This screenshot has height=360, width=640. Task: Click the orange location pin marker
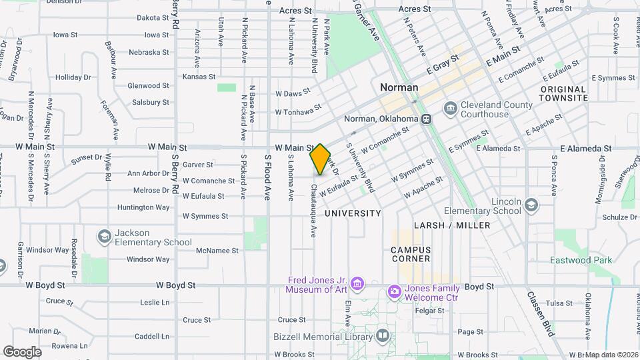[x=321, y=159]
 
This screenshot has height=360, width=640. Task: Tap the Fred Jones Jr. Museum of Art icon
[x=358, y=285]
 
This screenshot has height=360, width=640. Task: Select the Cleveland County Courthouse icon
[x=451, y=108]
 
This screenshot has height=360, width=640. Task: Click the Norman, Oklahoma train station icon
[x=426, y=119]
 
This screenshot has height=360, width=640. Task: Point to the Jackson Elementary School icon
[x=104, y=237]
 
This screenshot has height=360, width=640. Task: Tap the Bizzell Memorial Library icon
[x=382, y=335]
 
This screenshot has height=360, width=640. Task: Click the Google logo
[x=22, y=351]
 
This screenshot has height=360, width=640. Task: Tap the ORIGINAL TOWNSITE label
[x=564, y=93]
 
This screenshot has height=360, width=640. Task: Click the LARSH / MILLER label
[x=452, y=225]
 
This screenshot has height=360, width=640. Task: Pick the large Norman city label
[x=399, y=87]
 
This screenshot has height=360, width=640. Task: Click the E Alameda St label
[x=586, y=148]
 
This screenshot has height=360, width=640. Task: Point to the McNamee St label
[x=217, y=251]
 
